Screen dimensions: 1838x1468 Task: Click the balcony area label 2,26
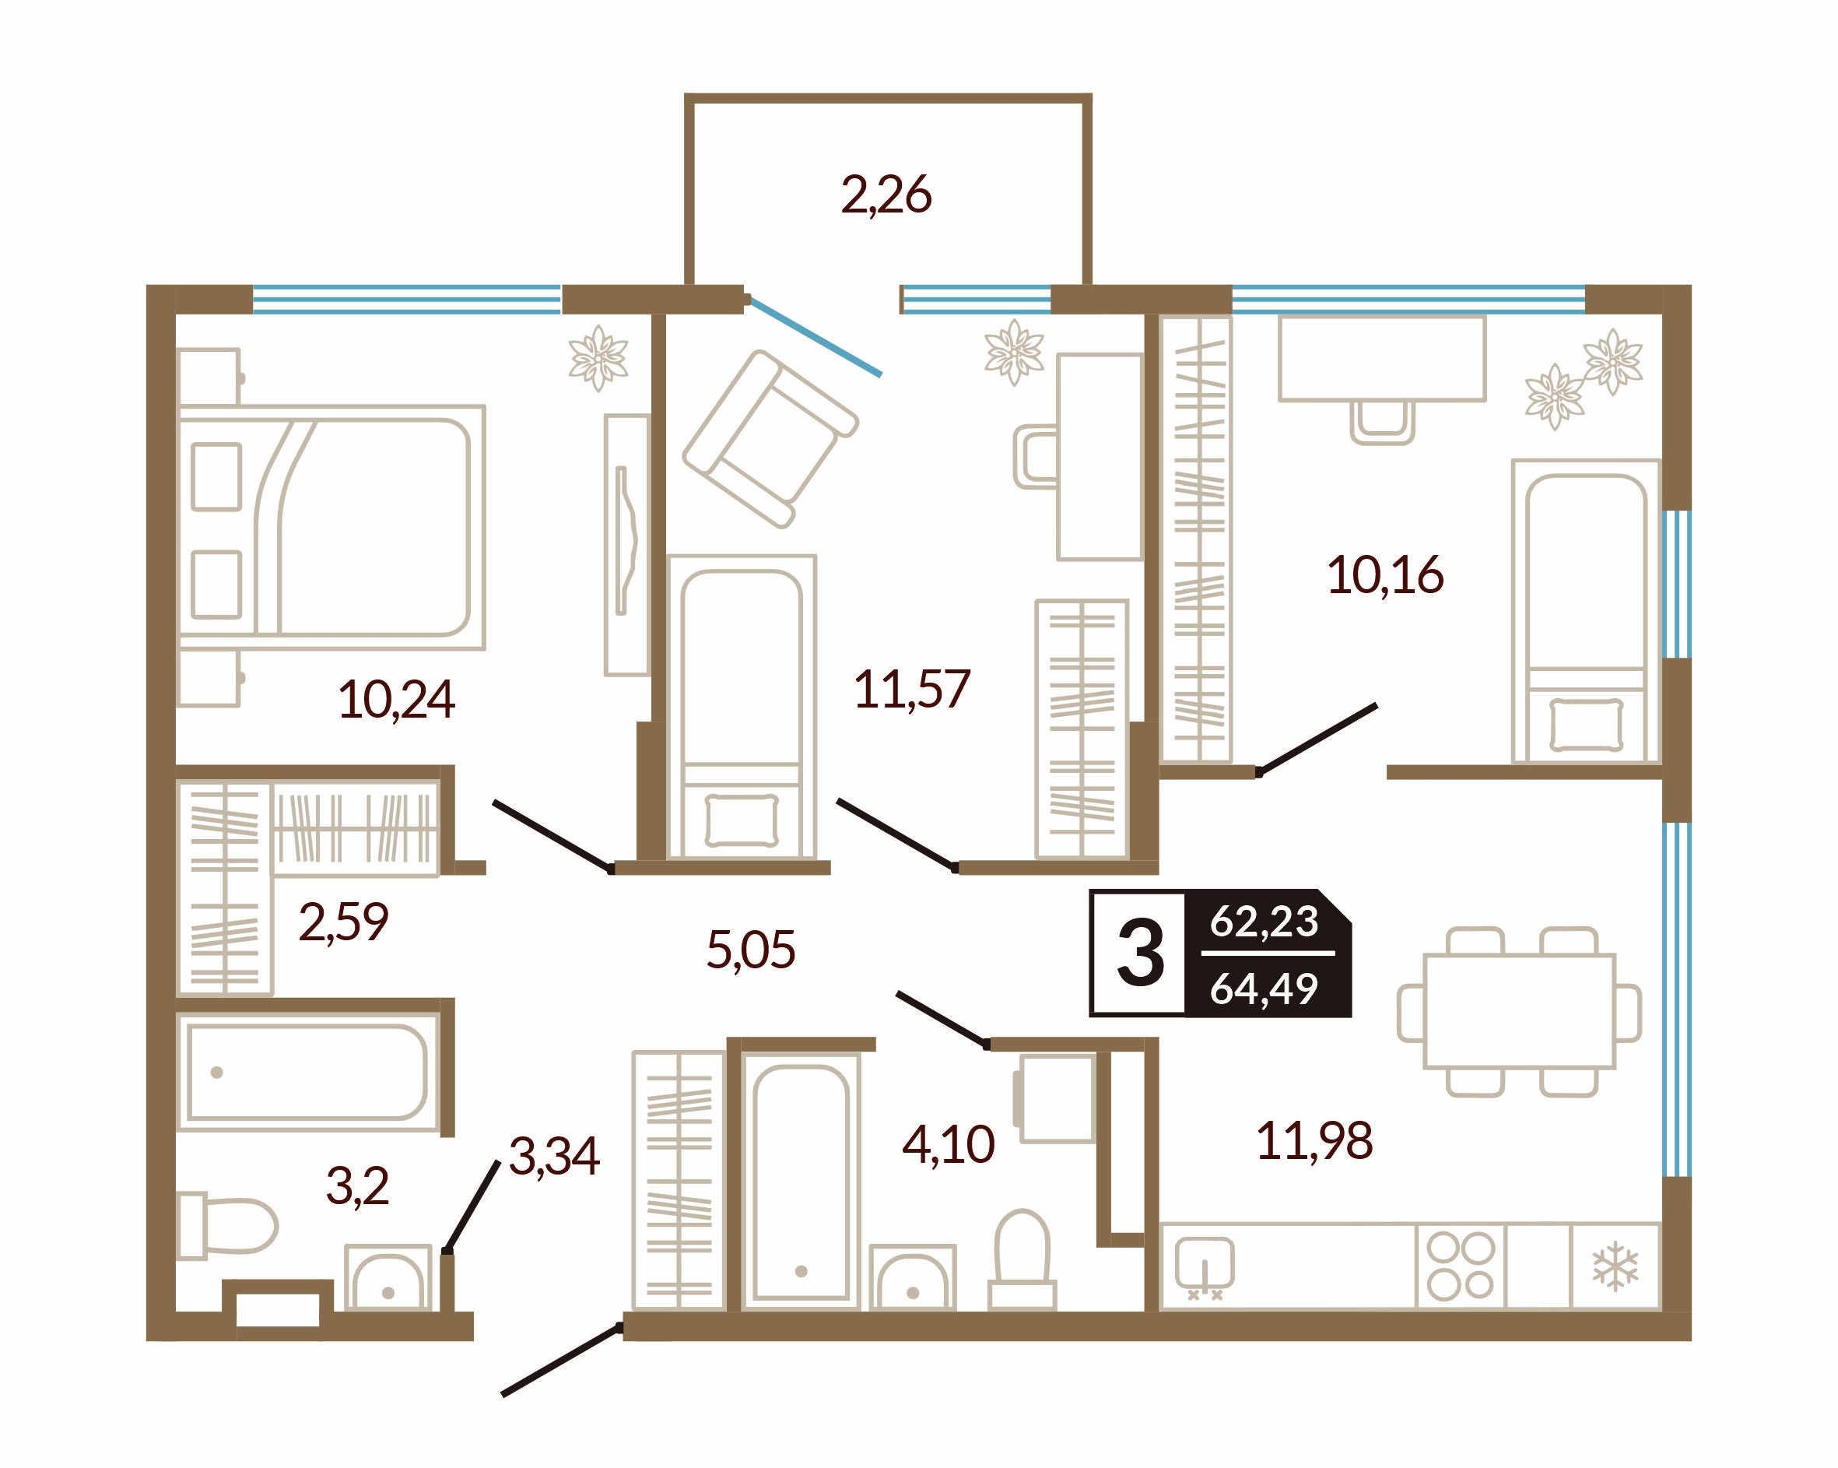tap(886, 196)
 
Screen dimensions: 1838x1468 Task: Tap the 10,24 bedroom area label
tap(396, 700)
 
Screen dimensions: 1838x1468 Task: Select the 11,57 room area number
tap(912, 689)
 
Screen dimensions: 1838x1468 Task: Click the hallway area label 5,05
tap(751, 950)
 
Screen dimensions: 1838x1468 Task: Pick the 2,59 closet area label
tap(344, 922)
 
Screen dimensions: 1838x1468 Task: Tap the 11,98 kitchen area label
tap(1314, 1140)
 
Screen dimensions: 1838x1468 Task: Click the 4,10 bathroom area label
tap(948, 1144)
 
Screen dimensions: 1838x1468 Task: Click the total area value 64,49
tap(1264, 988)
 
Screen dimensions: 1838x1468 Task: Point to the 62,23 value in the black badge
tap(1264, 922)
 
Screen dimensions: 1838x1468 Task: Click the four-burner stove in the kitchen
tap(1461, 1266)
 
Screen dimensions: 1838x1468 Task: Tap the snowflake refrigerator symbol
tap(1615, 1266)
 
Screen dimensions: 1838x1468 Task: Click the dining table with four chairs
tap(1519, 1011)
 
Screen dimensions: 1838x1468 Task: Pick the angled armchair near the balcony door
tap(770, 438)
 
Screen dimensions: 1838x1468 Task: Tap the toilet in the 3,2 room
tap(226, 1225)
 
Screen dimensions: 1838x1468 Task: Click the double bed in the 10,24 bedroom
tap(331, 527)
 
